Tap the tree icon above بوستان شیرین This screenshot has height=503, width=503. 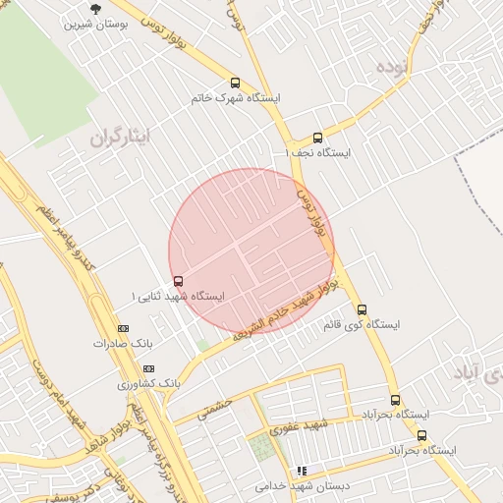[94, 8]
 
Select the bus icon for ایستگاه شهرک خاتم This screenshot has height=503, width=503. [235, 83]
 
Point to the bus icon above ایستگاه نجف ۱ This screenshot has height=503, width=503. [316, 138]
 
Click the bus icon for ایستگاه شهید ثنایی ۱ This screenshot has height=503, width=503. [178, 280]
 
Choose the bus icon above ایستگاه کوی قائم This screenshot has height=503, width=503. [362, 308]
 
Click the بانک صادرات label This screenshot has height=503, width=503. [123, 344]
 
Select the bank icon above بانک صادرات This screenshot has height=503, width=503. [123, 328]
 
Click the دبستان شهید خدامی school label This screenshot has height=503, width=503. [300, 485]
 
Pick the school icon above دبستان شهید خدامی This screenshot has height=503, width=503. [302, 471]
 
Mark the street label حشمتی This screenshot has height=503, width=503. [214, 408]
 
